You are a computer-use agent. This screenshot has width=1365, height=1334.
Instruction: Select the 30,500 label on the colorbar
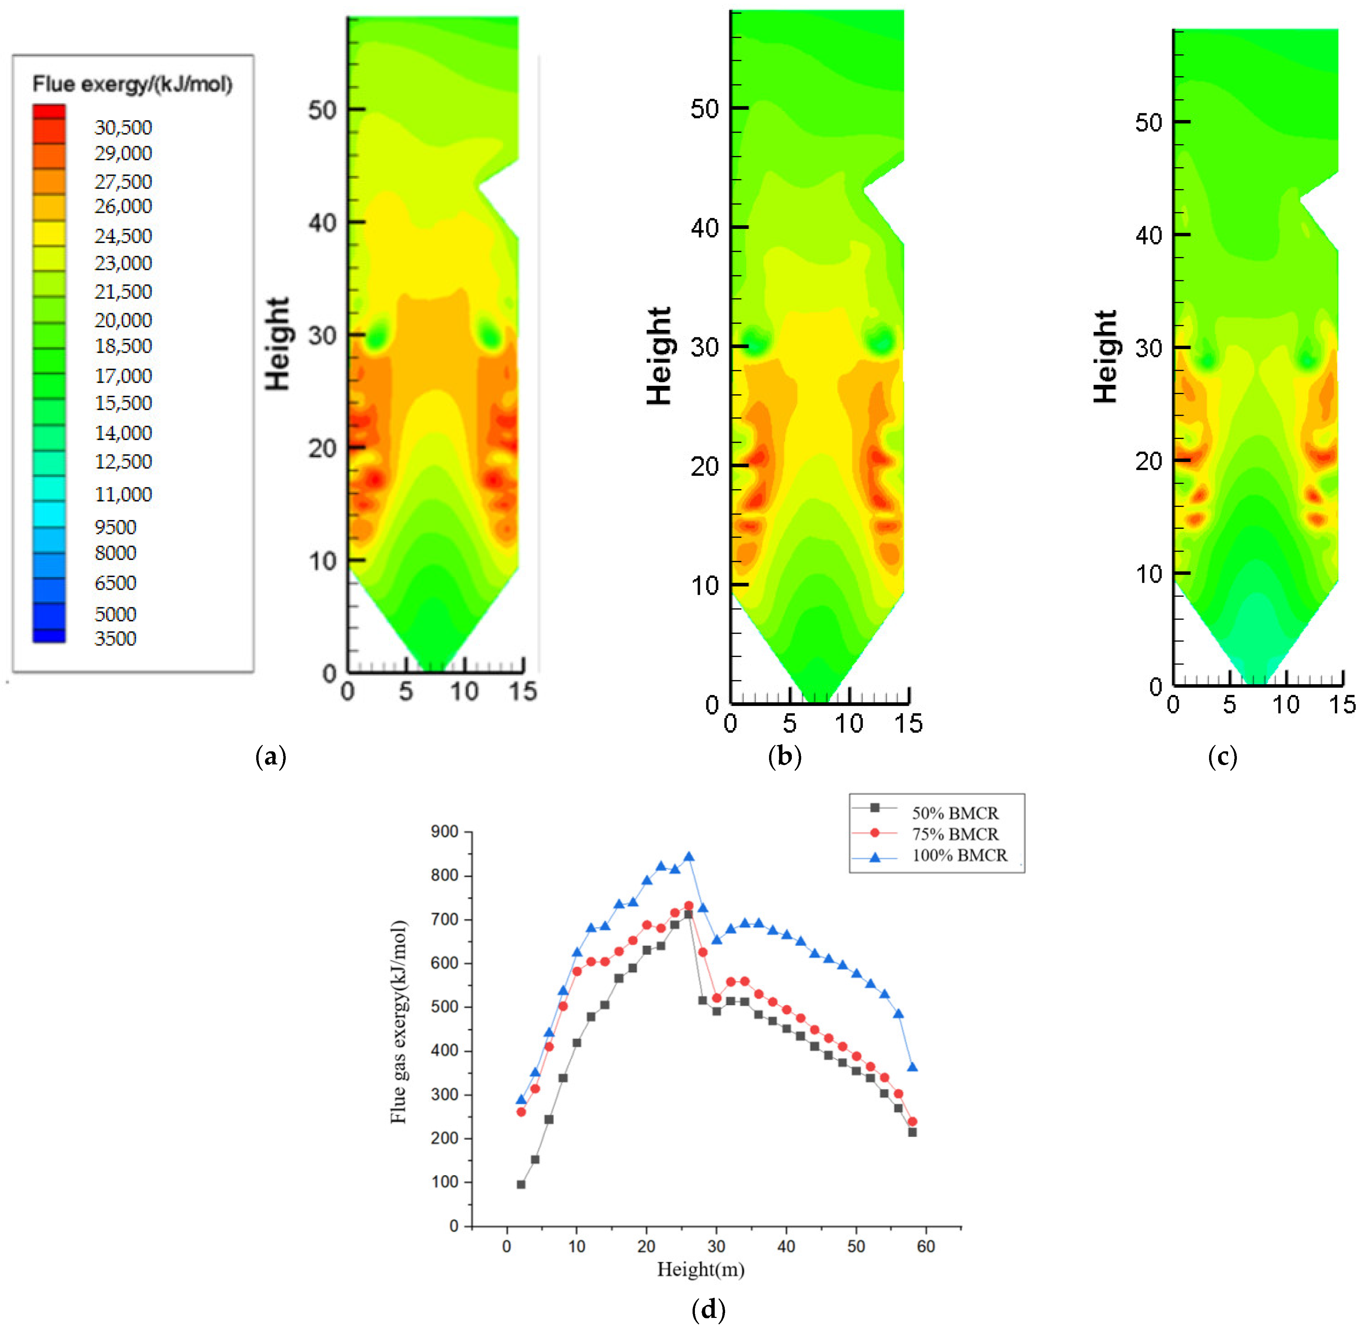click(x=123, y=127)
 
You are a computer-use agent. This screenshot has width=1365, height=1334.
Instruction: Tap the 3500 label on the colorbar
click(x=116, y=638)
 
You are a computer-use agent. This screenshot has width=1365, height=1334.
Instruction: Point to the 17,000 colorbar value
click(x=123, y=376)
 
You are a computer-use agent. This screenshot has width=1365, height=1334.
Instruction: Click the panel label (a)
click(x=271, y=757)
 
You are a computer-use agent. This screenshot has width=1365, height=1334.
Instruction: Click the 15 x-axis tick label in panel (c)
click(x=1342, y=705)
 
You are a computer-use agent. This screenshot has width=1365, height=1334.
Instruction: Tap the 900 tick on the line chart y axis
click(x=444, y=832)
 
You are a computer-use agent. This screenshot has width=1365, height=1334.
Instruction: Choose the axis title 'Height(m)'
click(x=701, y=1269)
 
